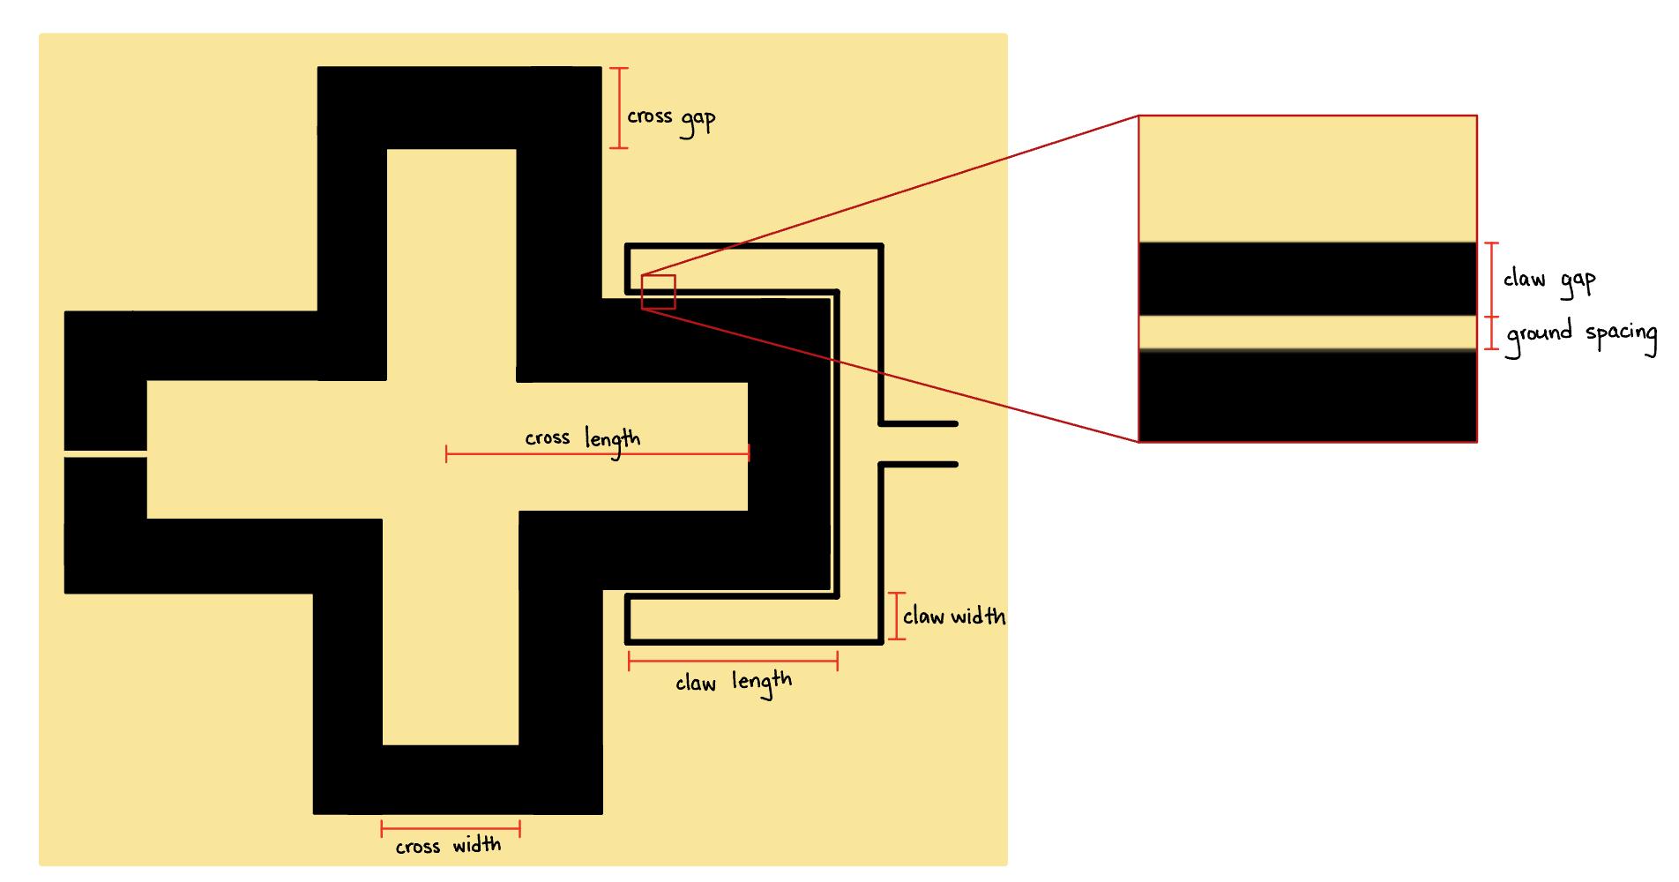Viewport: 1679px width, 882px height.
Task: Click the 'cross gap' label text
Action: pyautogui.click(x=670, y=119)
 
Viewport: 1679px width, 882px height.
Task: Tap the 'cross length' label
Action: pyautogui.click(x=582, y=438)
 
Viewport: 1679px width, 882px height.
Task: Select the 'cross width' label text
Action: pyautogui.click(x=448, y=846)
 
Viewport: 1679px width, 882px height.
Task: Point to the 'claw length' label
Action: pyautogui.click(x=733, y=683)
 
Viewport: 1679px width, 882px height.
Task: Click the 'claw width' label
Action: pyautogui.click(x=953, y=616)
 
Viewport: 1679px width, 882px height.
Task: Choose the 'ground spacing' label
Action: pyautogui.click(x=1581, y=334)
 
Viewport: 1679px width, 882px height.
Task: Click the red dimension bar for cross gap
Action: pyautogui.click(x=619, y=108)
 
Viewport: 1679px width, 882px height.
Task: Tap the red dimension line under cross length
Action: pyautogui.click(x=597, y=455)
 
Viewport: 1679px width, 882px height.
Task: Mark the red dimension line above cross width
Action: pyautogui.click(x=451, y=828)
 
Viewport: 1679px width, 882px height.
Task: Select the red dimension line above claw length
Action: pyautogui.click(x=733, y=661)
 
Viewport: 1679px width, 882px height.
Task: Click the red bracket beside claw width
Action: pyautogui.click(x=897, y=615)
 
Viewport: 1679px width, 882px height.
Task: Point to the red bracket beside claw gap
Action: pyautogui.click(x=1491, y=280)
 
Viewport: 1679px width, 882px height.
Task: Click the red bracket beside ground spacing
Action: pyautogui.click(x=1491, y=333)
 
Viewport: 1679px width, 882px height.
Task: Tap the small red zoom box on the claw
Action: pyautogui.click(x=658, y=292)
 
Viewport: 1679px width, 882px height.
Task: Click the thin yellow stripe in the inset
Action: pyautogui.click(x=1307, y=333)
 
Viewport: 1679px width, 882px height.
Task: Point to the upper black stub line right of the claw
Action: pyautogui.click(x=919, y=423)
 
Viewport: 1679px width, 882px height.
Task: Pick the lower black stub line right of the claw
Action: pyautogui.click(x=919, y=464)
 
